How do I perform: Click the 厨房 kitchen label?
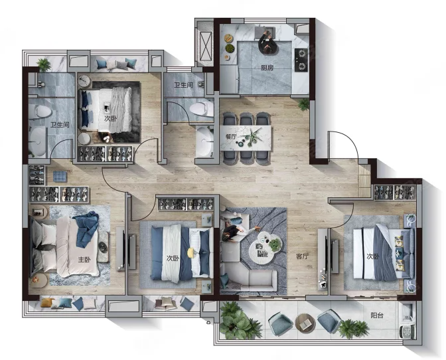(267, 68)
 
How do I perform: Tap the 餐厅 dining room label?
(231, 137)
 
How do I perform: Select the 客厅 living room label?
(303, 256)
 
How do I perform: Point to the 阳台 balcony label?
(377, 315)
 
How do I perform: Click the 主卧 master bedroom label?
(84, 260)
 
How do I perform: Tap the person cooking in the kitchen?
(268, 42)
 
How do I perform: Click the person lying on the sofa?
(238, 232)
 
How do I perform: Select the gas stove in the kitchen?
(301, 60)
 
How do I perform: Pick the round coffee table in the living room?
(265, 245)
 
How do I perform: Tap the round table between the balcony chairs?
(305, 323)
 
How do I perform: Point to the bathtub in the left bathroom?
(37, 141)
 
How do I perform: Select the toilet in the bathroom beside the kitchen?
(201, 109)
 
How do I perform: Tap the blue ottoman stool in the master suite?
(60, 176)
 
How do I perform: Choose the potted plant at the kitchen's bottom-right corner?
(304, 104)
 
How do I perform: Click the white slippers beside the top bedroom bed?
(107, 139)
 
